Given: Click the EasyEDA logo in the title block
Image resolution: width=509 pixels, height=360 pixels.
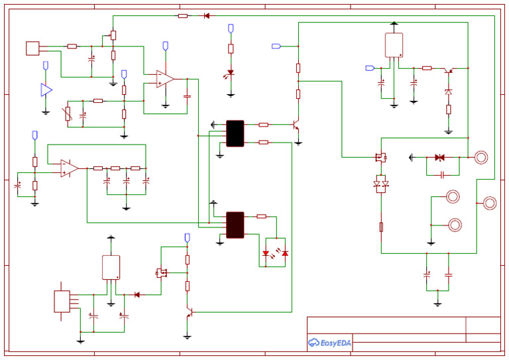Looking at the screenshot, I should coord(329,342).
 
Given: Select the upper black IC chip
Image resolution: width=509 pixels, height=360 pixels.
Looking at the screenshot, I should coord(235,133).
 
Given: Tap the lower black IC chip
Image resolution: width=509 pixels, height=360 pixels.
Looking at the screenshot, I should coord(235,225).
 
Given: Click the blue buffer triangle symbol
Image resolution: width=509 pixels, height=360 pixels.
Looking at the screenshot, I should coord(46,90).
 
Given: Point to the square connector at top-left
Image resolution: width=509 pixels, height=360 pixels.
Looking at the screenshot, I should coord(32,48).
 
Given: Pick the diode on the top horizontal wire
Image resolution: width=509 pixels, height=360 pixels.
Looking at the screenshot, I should coord(207,15).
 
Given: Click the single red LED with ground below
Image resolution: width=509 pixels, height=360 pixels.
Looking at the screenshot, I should coord(231,73).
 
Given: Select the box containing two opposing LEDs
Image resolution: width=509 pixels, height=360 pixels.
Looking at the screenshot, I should coord(275,253).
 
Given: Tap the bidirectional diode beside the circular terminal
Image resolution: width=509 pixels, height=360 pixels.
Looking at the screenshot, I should coord(439,157).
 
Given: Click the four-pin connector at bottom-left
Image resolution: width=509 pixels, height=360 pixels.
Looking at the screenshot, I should coord(62,301).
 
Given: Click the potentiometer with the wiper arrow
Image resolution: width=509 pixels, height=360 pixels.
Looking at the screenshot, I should coord(113,35).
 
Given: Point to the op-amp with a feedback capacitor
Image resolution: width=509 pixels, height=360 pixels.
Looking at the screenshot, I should coord(164,79).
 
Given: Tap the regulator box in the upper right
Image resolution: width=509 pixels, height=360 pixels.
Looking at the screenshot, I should coord(394,45).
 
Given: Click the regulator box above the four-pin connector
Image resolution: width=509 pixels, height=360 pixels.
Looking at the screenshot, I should coord(111,267).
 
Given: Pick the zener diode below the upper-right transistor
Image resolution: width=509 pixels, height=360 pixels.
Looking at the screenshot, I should coord(449,91).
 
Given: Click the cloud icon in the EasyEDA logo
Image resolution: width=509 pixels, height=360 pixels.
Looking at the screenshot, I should coord(313,343).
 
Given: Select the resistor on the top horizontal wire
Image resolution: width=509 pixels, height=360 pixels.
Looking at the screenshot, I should coord(183,15).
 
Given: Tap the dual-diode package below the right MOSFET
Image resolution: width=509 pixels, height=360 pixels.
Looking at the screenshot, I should coord(381,184).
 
